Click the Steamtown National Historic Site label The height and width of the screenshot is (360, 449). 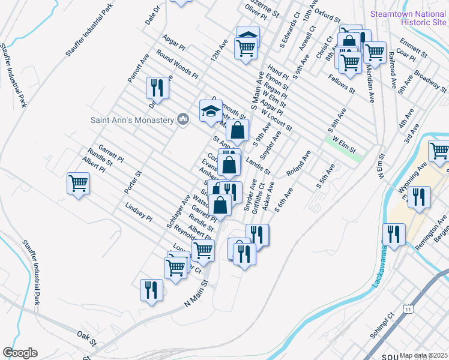tap(408, 17)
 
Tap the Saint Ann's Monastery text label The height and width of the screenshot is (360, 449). tap(132, 119)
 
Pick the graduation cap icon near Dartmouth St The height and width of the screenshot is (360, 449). tap(211, 111)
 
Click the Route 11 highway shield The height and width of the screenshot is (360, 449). tap(408, 308)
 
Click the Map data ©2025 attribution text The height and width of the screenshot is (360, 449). tap(423, 355)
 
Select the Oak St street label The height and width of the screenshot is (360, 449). tap(86, 337)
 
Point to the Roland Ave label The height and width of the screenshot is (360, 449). tap(298, 163)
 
